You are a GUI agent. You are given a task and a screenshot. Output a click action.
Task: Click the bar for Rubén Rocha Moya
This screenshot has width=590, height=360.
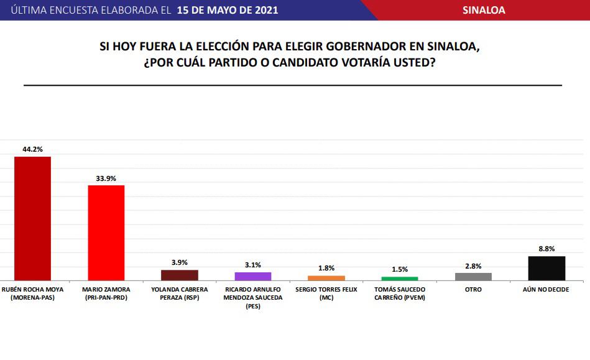[x=32, y=218]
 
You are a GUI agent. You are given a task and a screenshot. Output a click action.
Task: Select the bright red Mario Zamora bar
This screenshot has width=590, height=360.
[x=106, y=233]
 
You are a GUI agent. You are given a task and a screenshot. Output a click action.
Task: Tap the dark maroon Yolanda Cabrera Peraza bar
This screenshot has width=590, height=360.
[x=180, y=275]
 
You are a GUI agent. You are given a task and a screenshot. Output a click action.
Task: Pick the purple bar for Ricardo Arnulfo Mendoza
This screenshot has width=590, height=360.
[x=253, y=276]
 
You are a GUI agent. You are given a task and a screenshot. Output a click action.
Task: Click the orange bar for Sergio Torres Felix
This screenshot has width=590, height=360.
[x=326, y=278]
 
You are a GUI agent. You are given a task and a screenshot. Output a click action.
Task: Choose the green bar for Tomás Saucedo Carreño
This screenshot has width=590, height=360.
[x=400, y=279]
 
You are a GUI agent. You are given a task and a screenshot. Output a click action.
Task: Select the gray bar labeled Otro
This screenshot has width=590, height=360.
[x=473, y=277]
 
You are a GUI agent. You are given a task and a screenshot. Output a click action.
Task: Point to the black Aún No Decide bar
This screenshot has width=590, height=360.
[x=546, y=268]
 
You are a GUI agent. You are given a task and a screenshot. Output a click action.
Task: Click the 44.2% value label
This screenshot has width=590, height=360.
[x=32, y=149]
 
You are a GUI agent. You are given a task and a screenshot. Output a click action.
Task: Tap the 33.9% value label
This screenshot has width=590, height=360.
[x=106, y=178]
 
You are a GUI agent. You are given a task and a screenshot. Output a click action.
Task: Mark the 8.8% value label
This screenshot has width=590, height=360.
[x=546, y=249]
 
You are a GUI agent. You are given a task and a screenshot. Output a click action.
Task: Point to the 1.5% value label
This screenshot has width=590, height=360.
[x=400, y=269]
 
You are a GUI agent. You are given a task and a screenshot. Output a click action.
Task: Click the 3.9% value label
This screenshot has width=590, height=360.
[x=180, y=262]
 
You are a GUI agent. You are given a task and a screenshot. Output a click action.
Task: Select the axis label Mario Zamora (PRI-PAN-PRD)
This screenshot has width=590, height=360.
[x=106, y=293]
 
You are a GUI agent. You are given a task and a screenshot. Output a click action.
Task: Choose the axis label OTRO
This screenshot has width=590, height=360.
[x=473, y=289]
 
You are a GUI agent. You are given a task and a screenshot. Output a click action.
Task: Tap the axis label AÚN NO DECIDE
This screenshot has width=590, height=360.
[x=546, y=289]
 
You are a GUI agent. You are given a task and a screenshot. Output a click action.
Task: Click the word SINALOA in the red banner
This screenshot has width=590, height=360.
[x=484, y=10]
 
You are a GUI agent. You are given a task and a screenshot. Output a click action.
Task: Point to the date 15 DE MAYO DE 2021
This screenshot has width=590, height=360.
[x=228, y=10]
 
